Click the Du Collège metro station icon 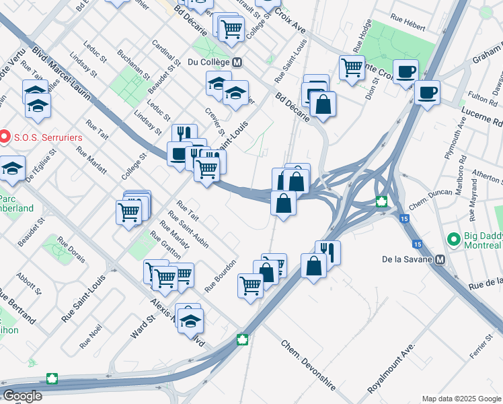click(237, 62)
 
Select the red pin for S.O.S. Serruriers click(5, 137)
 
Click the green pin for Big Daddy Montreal click(454, 239)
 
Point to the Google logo click(22, 396)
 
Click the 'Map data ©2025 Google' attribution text click(461, 399)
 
